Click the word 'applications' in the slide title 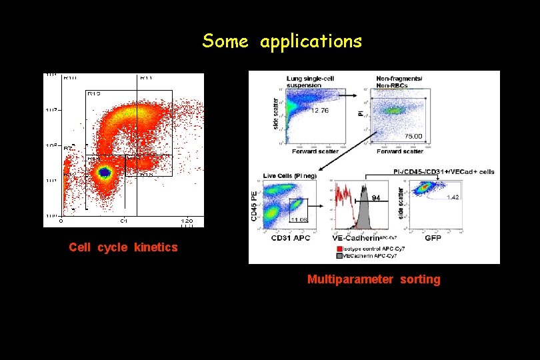point(311,42)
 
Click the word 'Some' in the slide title point(225,41)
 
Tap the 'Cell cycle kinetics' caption point(123,247)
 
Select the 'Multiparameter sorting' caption point(373,279)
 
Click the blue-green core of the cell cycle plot point(104,172)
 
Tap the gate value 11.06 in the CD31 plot point(298,219)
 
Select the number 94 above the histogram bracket point(376,197)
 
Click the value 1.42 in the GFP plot point(453,197)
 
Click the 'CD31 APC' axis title point(291,237)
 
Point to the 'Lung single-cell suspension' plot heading point(310,81)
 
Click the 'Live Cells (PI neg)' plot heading point(289,175)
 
